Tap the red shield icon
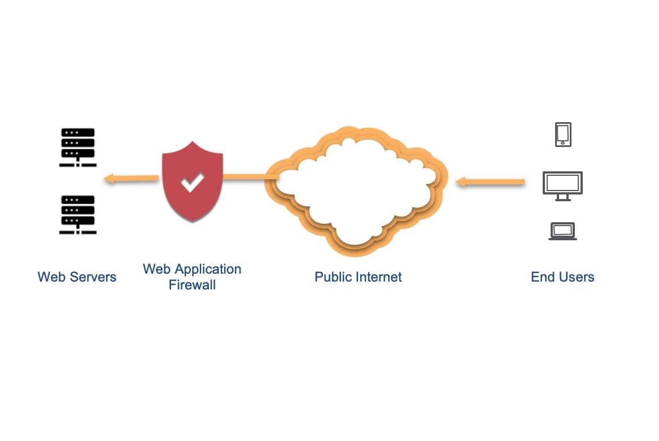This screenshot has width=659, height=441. (192, 181)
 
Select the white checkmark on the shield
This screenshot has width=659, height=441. (192, 182)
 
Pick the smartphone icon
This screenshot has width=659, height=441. (563, 135)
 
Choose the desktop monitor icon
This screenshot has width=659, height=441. (562, 183)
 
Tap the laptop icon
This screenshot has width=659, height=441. (562, 231)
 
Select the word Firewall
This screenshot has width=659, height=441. (192, 284)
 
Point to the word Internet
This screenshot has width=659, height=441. (378, 277)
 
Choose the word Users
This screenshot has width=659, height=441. (575, 277)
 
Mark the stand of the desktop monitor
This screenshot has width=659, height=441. (562, 197)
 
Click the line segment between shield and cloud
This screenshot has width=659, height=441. (248, 178)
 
